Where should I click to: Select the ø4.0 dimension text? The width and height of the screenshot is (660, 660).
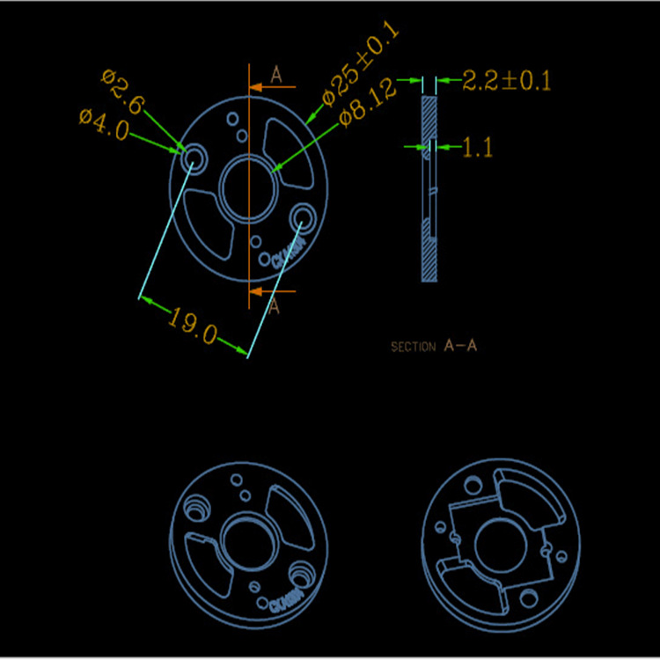pos(104,123)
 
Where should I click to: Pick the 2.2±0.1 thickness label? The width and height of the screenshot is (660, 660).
pos(506,82)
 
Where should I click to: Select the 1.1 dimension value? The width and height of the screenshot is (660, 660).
pos(477,148)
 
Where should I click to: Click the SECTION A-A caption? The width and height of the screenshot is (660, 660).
pos(434,347)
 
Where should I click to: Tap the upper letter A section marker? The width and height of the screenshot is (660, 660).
pos(275,76)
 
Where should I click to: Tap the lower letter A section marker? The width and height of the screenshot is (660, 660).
pos(274,306)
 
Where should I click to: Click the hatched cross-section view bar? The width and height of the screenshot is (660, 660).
pos(429,189)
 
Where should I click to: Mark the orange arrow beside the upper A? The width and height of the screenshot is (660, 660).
pos(259,87)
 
